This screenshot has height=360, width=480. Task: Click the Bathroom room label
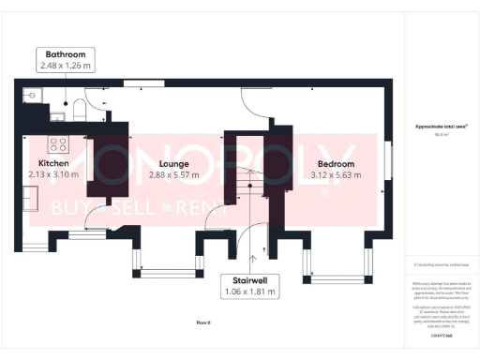tap(65, 54)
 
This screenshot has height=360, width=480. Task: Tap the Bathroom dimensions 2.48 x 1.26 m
tap(65, 66)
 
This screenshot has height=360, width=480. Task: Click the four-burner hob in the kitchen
tap(58, 145)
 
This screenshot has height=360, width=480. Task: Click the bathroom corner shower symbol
tap(32, 94)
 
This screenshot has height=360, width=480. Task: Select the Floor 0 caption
tap(203, 322)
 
